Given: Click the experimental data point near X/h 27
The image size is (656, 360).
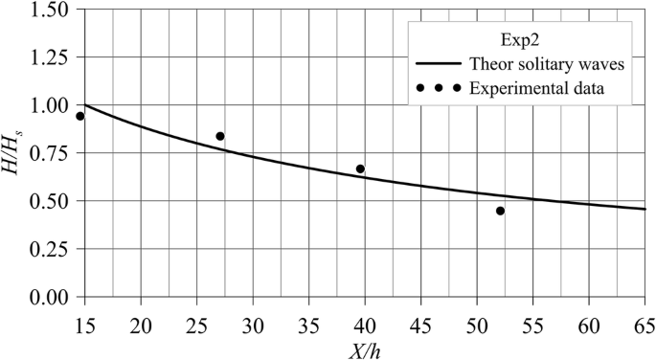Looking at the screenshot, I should pyautogui.click(x=220, y=137).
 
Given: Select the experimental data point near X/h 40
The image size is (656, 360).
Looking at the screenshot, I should pyautogui.click(x=360, y=169).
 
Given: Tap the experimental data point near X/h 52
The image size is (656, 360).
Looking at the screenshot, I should pyautogui.click(x=500, y=211).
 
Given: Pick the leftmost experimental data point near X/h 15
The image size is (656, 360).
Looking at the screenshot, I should pyautogui.click(x=80, y=116).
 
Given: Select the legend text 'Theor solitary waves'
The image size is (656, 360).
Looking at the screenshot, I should pyautogui.click(x=547, y=66).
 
